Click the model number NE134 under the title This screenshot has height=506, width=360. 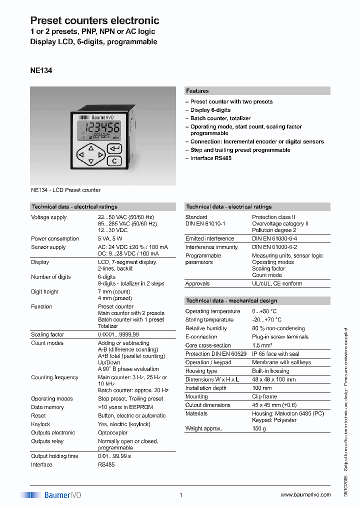41,71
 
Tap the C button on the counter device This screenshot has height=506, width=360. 114,160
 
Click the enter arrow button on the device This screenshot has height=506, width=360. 114,148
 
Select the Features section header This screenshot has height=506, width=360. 197,91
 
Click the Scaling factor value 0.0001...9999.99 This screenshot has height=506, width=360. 118,334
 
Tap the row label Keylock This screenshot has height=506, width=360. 40,424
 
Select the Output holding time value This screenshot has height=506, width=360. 114,456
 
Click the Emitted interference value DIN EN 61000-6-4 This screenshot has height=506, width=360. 274,238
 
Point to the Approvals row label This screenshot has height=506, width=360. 197,283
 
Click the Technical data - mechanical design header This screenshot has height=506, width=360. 231,300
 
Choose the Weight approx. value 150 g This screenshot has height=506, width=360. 259,428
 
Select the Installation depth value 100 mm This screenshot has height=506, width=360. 262,388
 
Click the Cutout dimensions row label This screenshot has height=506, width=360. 207,405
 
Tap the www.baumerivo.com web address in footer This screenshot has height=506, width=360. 305,495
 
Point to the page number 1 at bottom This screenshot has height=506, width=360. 180,495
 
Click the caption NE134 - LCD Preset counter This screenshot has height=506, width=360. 65,190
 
